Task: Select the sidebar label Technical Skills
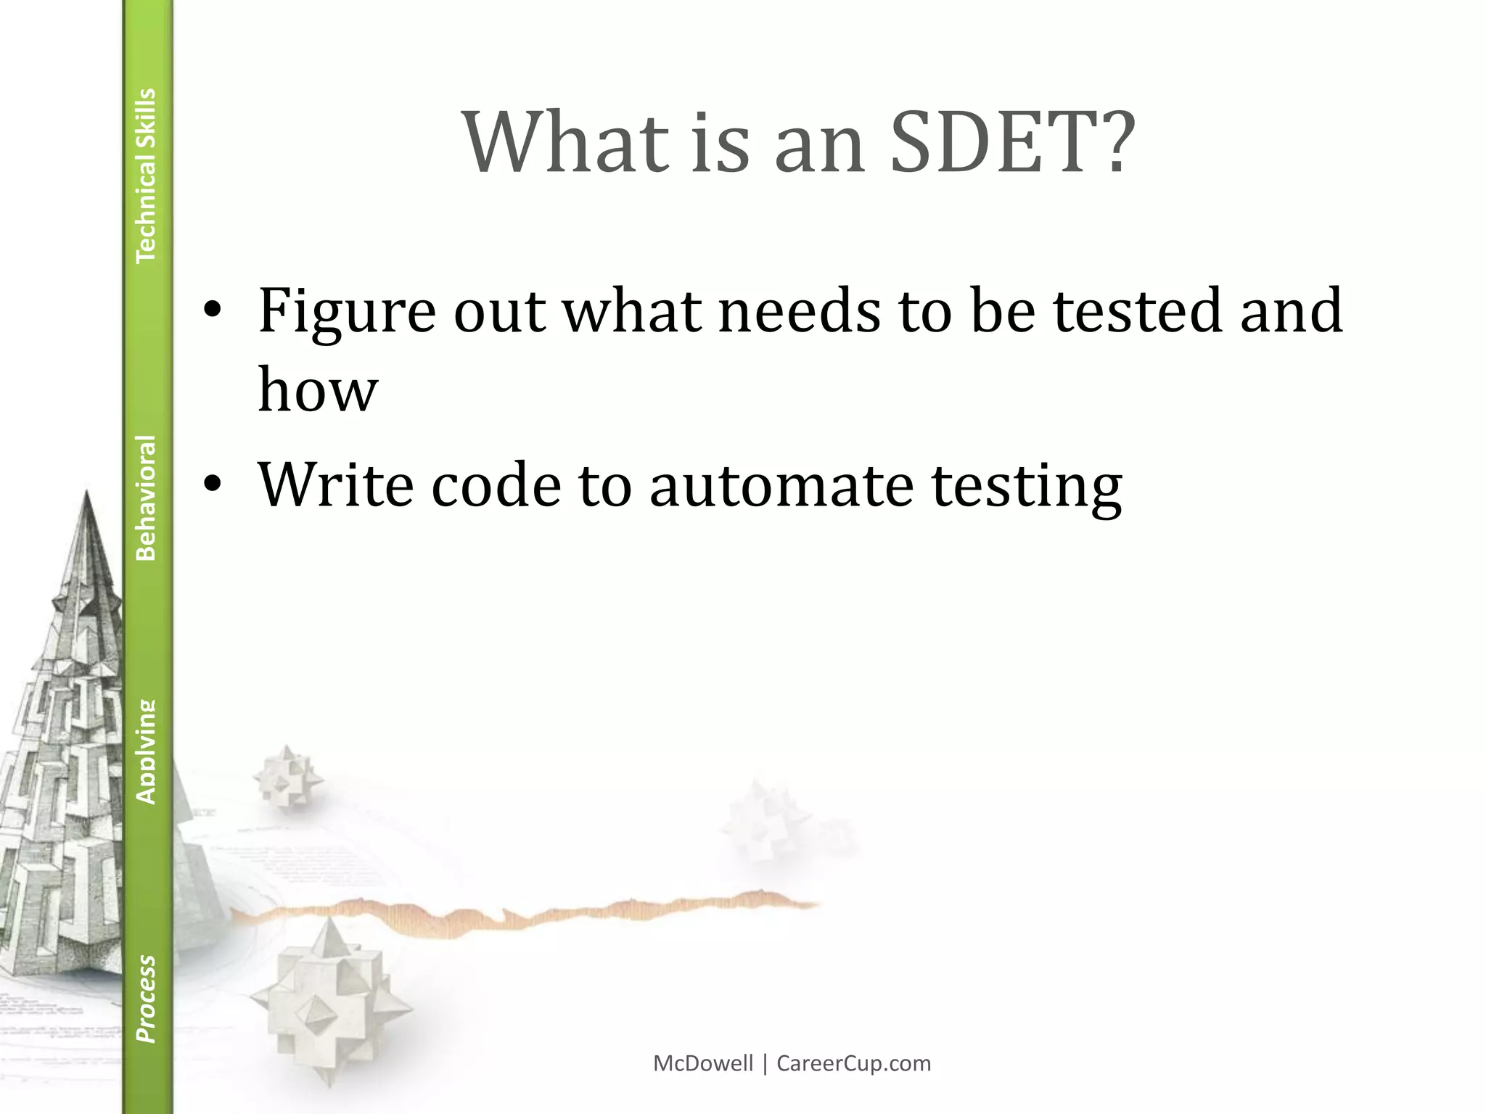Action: pyautogui.click(x=147, y=175)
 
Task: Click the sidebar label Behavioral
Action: pyautogui.click(x=147, y=498)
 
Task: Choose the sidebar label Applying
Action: pyautogui.click(x=147, y=751)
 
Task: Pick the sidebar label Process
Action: pyautogui.click(x=147, y=999)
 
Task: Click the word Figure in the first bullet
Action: pyautogui.click(x=347, y=312)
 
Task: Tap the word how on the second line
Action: pyautogui.click(x=318, y=390)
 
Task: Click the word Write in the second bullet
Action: pyautogui.click(x=336, y=484)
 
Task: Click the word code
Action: pyautogui.click(x=496, y=484)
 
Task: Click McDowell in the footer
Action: pyautogui.click(x=702, y=1064)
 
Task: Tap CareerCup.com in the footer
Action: pyautogui.click(x=853, y=1064)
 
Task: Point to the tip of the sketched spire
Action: pyautogui.click(x=87, y=493)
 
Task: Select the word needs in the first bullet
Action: pyautogui.click(x=799, y=312)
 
